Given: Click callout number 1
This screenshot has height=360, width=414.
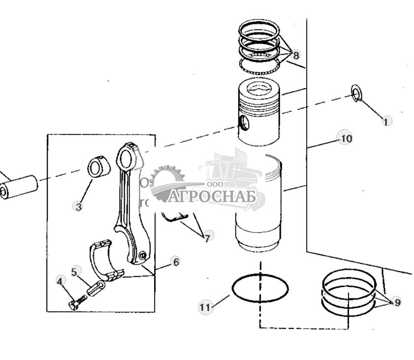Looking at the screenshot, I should click(x=386, y=121).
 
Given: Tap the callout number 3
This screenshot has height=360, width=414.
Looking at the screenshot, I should click(x=77, y=206).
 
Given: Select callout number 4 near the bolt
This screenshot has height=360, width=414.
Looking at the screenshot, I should click(x=60, y=281).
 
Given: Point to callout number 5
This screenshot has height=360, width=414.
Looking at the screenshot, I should click(x=75, y=271).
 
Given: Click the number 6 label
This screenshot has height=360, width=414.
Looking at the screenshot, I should click(x=175, y=262).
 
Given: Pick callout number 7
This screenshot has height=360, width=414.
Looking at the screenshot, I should click(x=207, y=237).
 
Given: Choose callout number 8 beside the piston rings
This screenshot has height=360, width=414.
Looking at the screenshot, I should click(x=295, y=55).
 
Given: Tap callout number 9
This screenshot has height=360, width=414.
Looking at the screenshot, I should click(x=397, y=302).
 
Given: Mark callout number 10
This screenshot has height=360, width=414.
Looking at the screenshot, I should click(x=346, y=138).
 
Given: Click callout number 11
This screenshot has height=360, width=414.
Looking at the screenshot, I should click(x=205, y=307).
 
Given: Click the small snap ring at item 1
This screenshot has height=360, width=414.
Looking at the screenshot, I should click(x=356, y=93).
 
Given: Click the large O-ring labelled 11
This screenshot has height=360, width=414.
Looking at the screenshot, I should click(x=260, y=289).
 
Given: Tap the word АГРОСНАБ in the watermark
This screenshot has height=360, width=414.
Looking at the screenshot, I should click(x=212, y=196).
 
